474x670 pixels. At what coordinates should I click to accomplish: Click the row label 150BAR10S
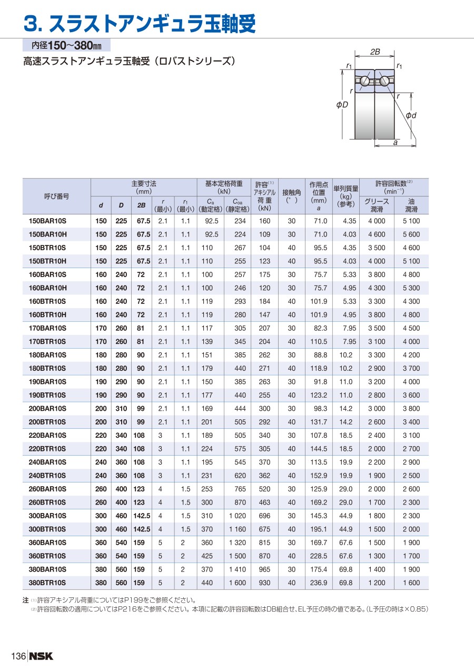coord(47,221)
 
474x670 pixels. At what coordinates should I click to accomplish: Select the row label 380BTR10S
coord(47,583)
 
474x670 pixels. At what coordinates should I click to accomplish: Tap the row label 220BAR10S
coord(47,436)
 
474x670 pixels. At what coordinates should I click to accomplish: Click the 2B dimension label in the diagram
coord(375,52)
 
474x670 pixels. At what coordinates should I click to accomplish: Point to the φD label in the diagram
coord(342,105)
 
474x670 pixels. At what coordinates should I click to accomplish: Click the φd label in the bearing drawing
coord(411,115)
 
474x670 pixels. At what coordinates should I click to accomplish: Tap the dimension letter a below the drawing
coord(394,143)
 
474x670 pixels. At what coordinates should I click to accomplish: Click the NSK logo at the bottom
coord(41,656)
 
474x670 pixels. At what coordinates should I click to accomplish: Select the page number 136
coord(18,656)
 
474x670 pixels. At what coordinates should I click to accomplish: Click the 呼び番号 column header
coord(56,196)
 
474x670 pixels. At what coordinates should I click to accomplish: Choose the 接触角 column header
coord(291,196)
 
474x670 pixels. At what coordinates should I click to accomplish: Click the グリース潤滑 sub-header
coord(377,205)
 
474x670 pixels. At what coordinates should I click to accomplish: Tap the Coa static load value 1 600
coord(237,583)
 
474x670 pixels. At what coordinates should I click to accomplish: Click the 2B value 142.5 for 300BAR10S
coord(141,516)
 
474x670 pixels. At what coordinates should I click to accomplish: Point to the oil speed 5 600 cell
coord(411,234)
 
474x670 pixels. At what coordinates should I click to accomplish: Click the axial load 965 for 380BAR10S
coord(264,569)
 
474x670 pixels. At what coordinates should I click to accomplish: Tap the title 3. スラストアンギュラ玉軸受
coord(140,23)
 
